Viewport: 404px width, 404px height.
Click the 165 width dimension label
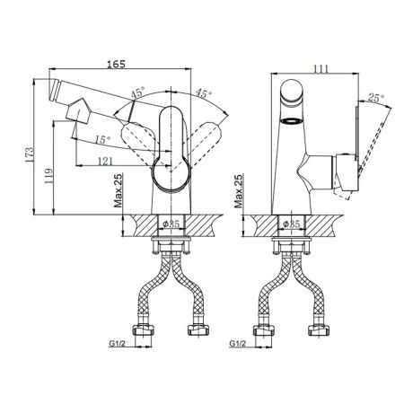pyautogui.click(x=117, y=64)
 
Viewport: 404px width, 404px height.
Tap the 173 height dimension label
pyautogui.click(x=30, y=154)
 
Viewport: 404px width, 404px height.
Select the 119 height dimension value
pyautogui.click(x=48, y=176)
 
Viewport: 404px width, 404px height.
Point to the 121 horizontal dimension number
pyautogui.click(x=106, y=161)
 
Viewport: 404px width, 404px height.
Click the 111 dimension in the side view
pyautogui.click(x=321, y=69)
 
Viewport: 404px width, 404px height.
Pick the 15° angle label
pyautogui.click(x=102, y=139)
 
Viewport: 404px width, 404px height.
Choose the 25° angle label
pyautogui.click(x=376, y=98)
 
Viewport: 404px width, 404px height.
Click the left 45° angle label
pyautogui.click(x=137, y=92)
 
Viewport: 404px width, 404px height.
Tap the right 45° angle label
pyautogui.click(x=204, y=93)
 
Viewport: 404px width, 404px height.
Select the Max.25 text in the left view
pyautogui.click(x=119, y=190)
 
